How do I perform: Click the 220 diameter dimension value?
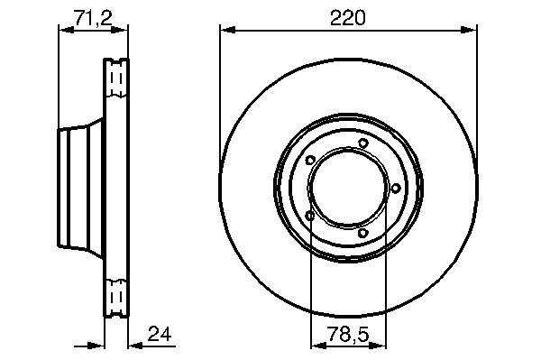[347, 18]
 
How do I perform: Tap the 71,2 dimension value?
[93, 18]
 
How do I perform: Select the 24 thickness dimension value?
[160, 334]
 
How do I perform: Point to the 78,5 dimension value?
[348, 335]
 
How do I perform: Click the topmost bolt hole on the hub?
[362, 143]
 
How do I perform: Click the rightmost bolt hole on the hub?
[396, 188]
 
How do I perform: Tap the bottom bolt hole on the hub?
[362, 233]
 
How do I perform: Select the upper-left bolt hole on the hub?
[310, 161]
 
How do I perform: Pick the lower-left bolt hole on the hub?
[310, 216]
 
